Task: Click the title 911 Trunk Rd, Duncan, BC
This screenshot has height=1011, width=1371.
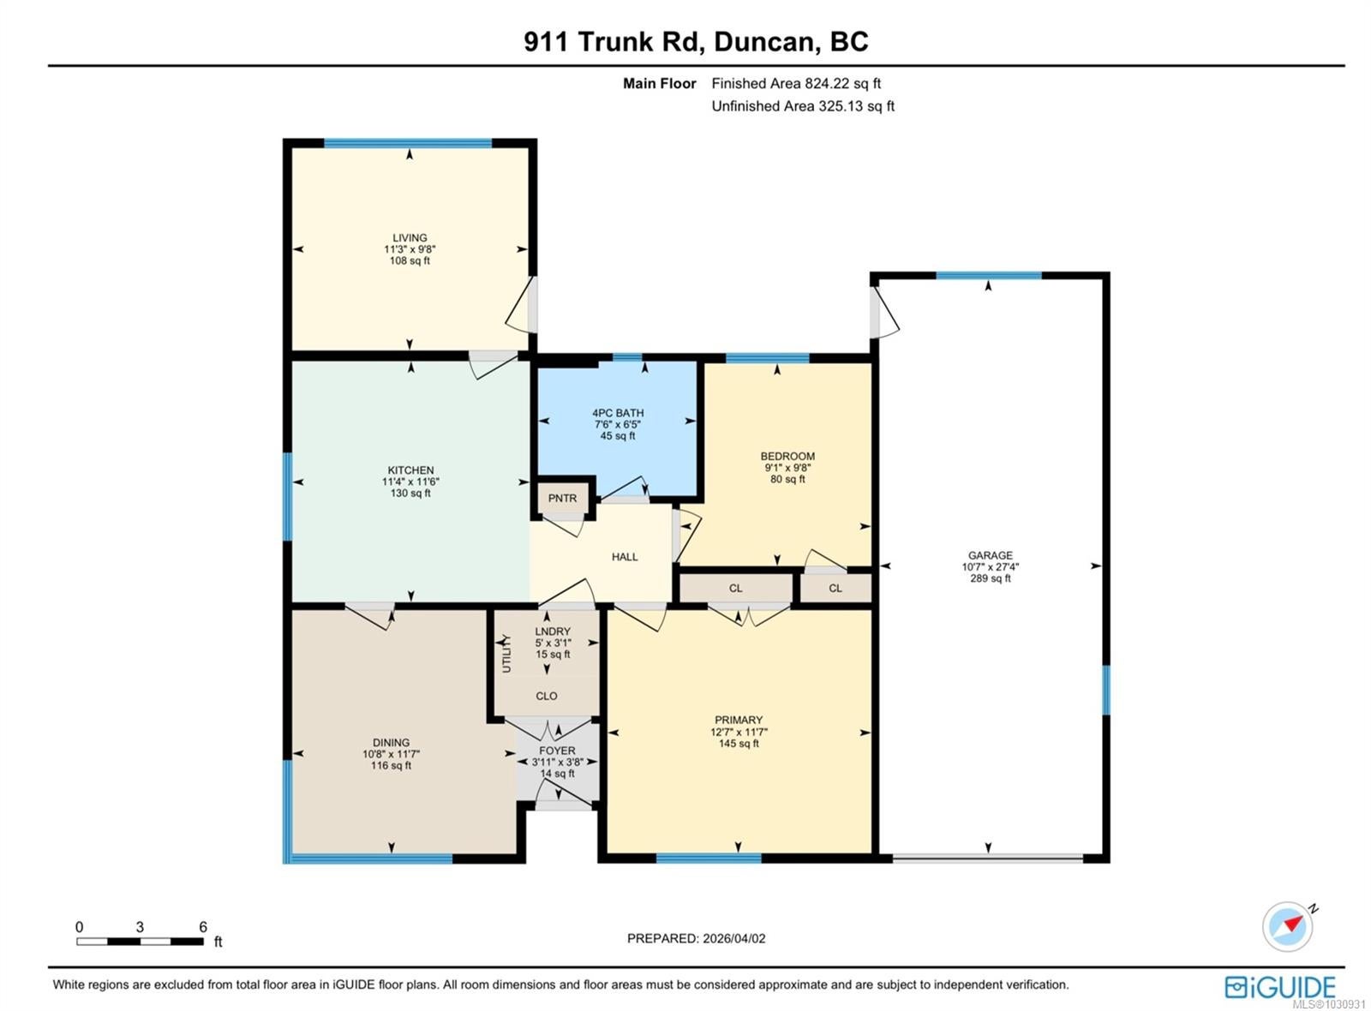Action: [x=696, y=42]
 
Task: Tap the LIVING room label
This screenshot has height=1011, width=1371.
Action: [x=410, y=237]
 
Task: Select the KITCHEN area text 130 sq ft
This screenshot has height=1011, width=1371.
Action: [x=410, y=494]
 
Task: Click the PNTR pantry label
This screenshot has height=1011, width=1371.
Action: [x=562, y=498]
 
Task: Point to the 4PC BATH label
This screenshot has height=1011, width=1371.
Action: [x=618, y=413]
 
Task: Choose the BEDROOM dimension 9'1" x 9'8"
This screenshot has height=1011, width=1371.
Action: [x=787, y=468]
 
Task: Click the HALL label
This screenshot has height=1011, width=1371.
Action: [x=625, y=557]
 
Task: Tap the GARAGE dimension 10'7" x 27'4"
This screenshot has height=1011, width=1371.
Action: [x=990, y=566]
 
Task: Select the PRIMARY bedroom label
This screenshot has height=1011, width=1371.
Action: [x=738, y=720]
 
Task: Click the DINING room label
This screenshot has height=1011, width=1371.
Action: [x=391, y=742]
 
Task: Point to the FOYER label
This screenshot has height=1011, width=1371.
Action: [x=557, y=751]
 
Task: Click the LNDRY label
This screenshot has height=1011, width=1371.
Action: [x=553, y=631]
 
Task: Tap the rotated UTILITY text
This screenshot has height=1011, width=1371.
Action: [x=506, y=655]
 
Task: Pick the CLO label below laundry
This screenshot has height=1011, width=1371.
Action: [x=546, y=696]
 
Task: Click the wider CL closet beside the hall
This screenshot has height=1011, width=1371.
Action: [x=735, y=588]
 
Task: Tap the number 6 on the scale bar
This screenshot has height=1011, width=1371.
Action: [x=202, y=926]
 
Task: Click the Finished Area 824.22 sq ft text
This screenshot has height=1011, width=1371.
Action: [x=796, y=83]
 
